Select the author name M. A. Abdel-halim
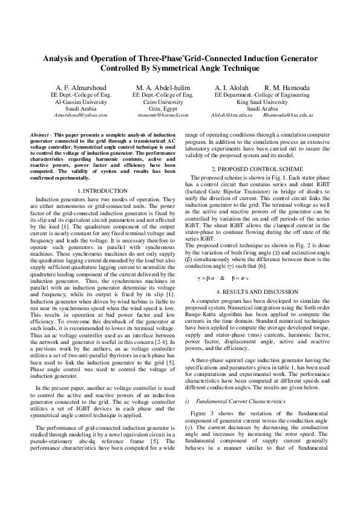(x=163, y=87)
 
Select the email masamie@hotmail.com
(x=163, y=114)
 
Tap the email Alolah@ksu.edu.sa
(x=232, y=114)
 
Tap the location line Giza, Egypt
(x=163, y=108)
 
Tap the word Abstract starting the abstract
(x=40, y=133)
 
